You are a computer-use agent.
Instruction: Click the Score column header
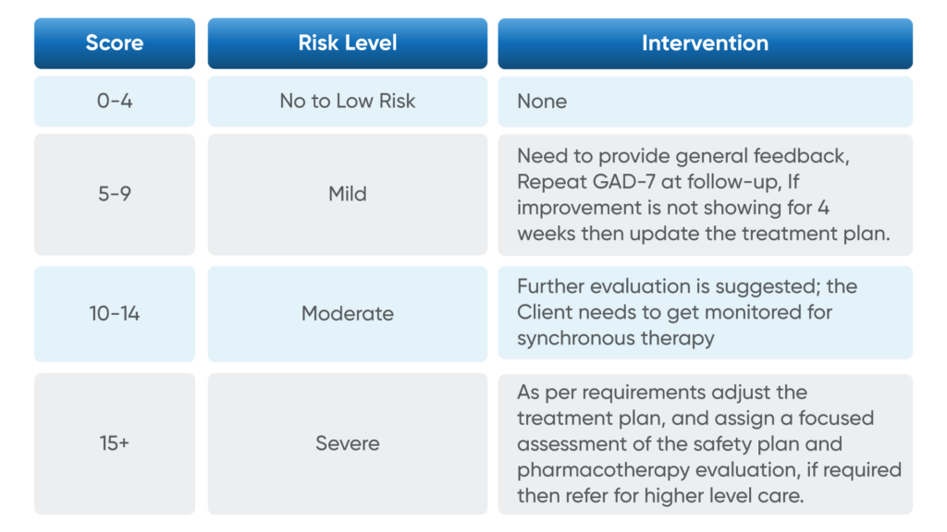[x=115, y=43]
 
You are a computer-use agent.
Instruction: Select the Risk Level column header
[x=347, y=43]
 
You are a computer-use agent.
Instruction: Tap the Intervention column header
[x=705, y=43]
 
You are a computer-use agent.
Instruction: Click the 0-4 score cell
[x=115, y=101]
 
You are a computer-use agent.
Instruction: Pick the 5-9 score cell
[x=115, y=194]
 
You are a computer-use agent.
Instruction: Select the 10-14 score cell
[x=115, y=313]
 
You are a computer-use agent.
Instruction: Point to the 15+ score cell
[x=115, y=443]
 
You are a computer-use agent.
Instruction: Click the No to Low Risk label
[x=347, y=101]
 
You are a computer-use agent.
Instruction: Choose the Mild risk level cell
[x=347, y=194]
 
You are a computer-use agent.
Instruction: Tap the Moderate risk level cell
[x=347, y=313]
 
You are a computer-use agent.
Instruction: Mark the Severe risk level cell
[x=347, y=443]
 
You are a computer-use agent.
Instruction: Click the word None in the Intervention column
[x=542, y=101]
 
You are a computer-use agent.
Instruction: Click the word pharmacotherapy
[x=591, y=470]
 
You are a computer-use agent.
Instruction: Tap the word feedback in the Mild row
[x=806, y=156]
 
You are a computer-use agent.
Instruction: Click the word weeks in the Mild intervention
[x=546, y=234]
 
